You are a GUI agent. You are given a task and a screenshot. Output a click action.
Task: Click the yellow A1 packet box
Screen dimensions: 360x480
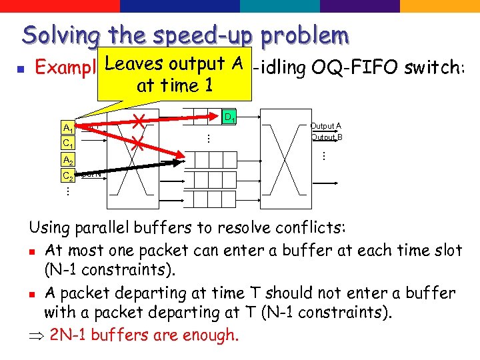pos(68,128)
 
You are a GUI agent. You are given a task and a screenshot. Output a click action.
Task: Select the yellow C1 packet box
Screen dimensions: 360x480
pos(68,143)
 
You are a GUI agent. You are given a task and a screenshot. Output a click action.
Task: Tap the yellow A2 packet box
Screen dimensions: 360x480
pos(68,160)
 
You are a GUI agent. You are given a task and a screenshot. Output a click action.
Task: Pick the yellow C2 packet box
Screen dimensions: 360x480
pos(68,175)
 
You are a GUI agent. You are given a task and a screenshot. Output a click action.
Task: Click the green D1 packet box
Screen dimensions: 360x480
pos(228,118)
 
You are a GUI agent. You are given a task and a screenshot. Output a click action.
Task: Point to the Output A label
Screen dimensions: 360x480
pos(326,126)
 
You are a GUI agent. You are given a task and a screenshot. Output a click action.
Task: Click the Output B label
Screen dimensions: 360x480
pos(326,137)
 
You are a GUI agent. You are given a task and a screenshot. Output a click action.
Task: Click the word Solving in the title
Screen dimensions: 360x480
pos(60,34)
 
